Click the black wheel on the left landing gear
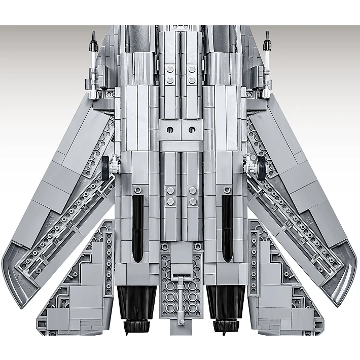[x=105, y=167]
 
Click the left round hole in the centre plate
[x=169, y=130]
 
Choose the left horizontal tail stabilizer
[x=76, y=294]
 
